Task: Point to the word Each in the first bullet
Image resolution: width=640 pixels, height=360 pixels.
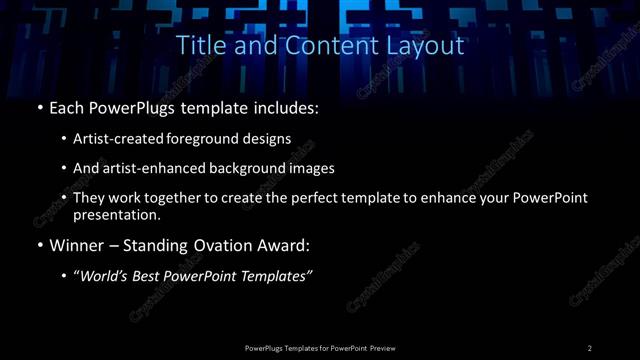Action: point(68,107)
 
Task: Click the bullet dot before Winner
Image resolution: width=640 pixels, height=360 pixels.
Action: point(39,246)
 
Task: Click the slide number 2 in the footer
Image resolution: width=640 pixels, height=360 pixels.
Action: point(590,348)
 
